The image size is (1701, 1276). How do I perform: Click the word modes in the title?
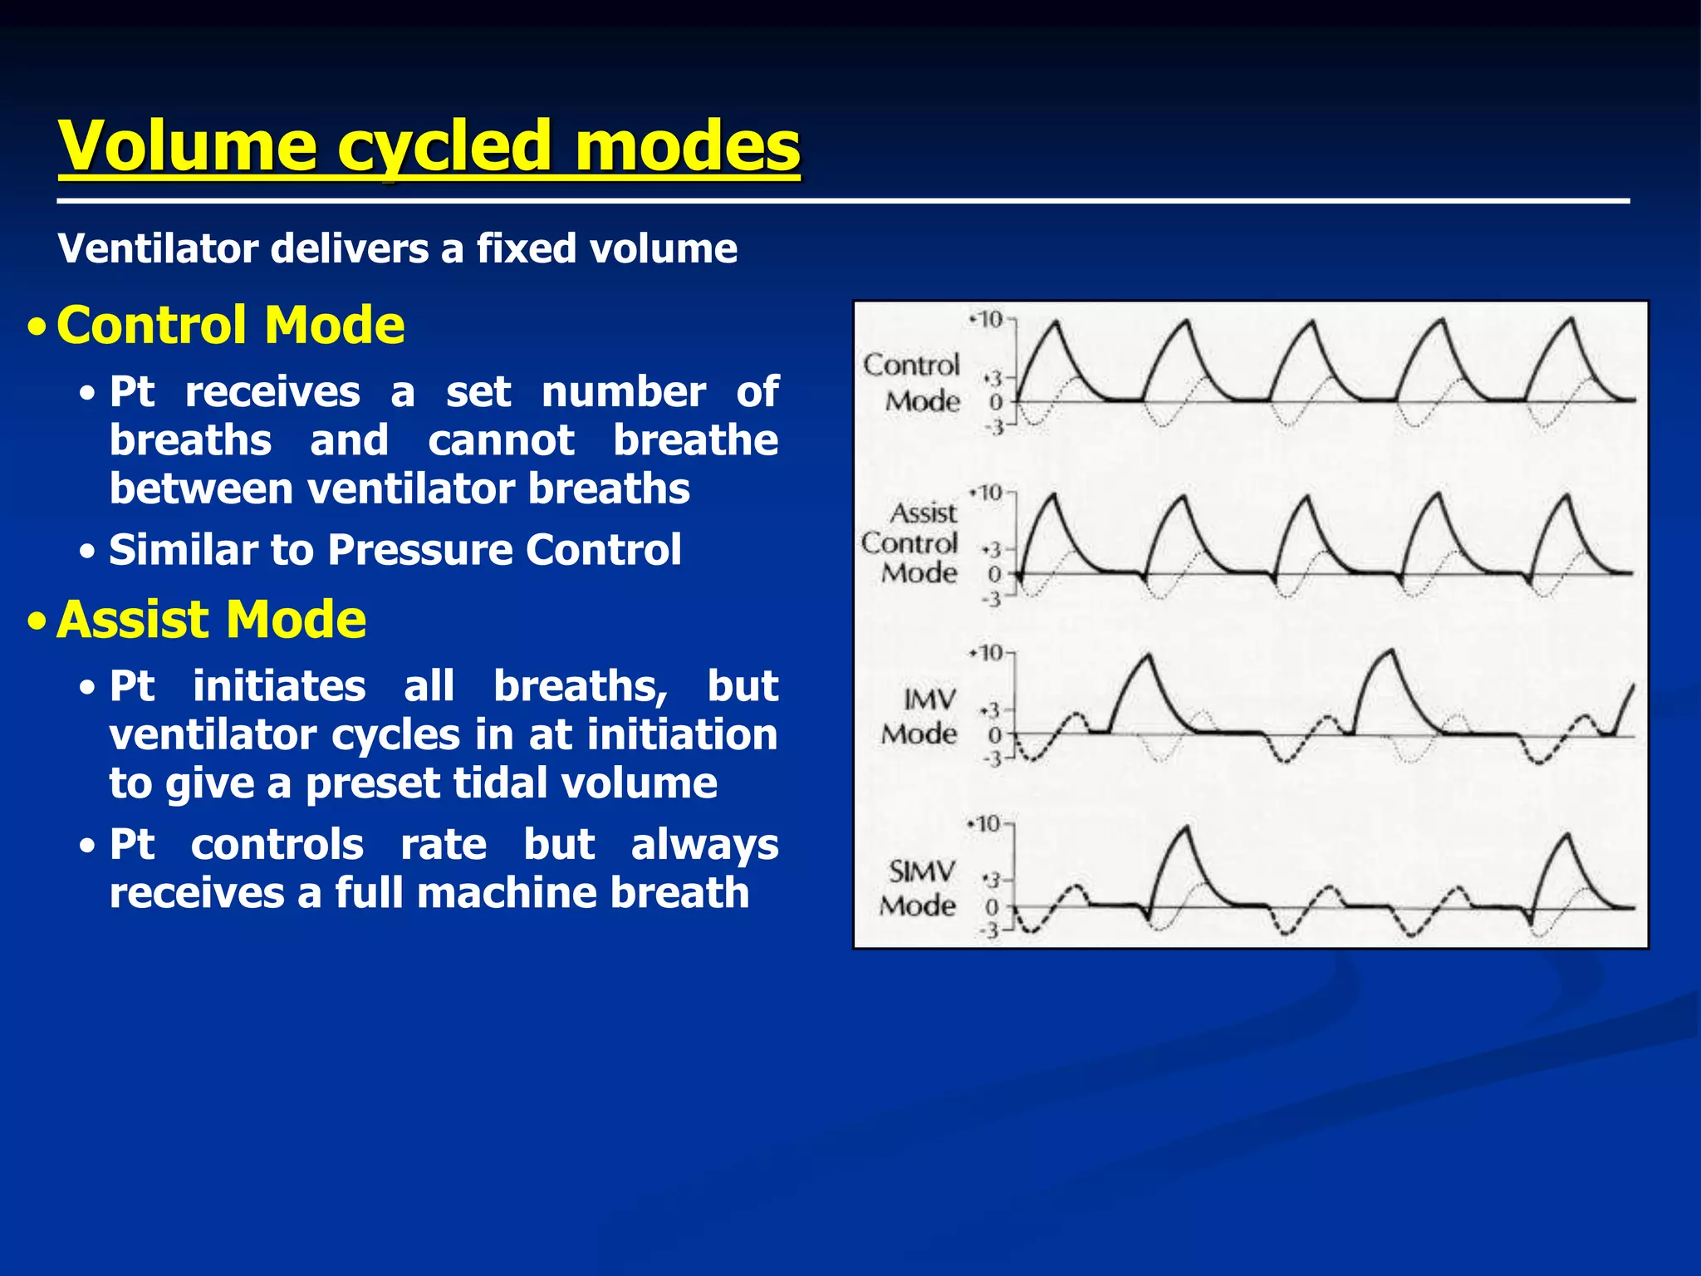(688, 146)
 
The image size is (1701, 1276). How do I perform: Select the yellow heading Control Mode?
(230, 325)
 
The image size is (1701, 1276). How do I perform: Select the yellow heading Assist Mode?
(211, 620)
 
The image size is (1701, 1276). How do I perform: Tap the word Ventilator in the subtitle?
(157, 248)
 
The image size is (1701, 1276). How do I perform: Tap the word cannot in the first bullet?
(500, 440)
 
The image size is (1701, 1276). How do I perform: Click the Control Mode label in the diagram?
(912, 383)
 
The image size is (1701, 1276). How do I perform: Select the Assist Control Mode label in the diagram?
(910, 543)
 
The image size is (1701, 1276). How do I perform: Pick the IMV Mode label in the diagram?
(920, 717)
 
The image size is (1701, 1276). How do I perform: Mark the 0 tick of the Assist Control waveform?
(994, 573)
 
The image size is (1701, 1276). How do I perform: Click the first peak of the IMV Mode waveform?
(1148, 656)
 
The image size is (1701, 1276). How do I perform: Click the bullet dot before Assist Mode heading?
(36, 621)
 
